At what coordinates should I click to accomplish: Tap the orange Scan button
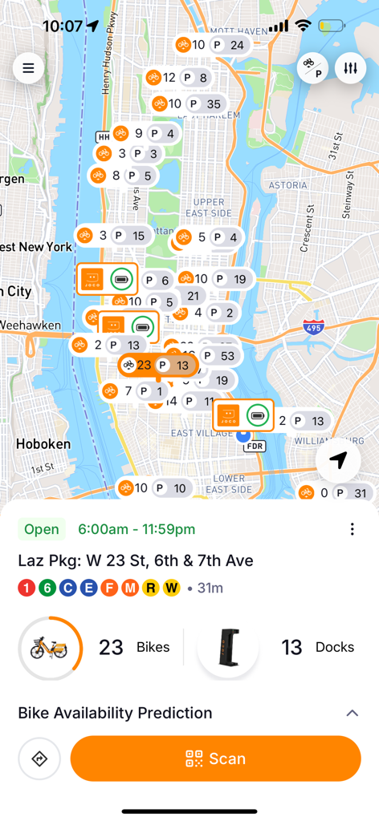[215, 758]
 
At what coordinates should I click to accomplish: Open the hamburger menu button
[28, 68]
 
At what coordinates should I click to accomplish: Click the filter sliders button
[350, 68]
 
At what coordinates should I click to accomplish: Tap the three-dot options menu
[352, 529]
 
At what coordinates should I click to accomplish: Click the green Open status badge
[42, 529]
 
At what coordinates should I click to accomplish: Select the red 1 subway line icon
[26, 588]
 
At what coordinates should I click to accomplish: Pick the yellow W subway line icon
[171, 588]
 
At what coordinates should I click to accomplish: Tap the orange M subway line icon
[130, 588]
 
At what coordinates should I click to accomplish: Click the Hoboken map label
[43, 443]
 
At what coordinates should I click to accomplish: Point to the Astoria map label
[287, 185]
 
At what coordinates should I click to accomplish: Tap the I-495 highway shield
[314, 327]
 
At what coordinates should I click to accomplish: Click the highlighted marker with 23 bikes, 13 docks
[157, 366]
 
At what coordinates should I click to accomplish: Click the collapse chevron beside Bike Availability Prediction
[351, 713]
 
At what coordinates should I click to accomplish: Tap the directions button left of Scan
[39, 758]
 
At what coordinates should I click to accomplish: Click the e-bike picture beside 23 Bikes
[50, 648]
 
